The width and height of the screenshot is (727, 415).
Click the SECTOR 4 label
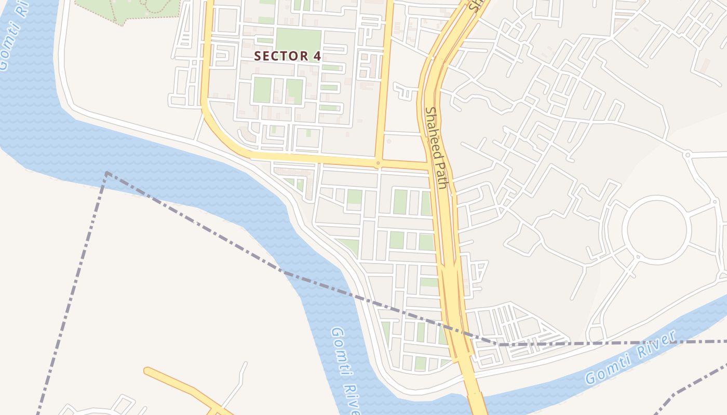(287, 57)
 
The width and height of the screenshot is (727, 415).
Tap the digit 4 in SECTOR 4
(317, 57)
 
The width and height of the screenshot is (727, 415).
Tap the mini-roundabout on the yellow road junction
(378, 163)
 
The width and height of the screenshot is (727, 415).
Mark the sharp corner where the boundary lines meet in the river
(106, 173)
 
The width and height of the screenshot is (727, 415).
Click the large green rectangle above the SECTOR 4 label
(298, 39)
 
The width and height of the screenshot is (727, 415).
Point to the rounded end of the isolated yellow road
(147, 370)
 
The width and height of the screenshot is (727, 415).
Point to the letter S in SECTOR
(257, 57)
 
